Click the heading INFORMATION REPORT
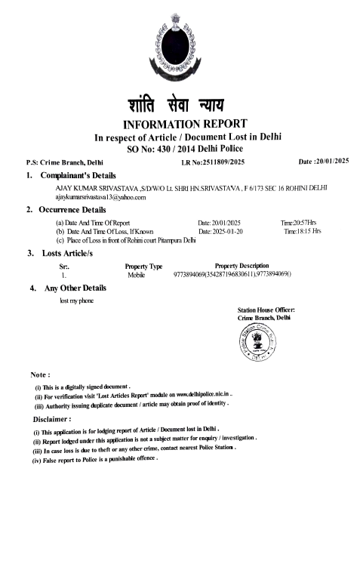pos(180,124)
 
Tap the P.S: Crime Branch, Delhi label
pos(64,162)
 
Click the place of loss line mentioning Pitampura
pos(126,240)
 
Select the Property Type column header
pos(143,267)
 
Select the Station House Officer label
pos(266,310)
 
